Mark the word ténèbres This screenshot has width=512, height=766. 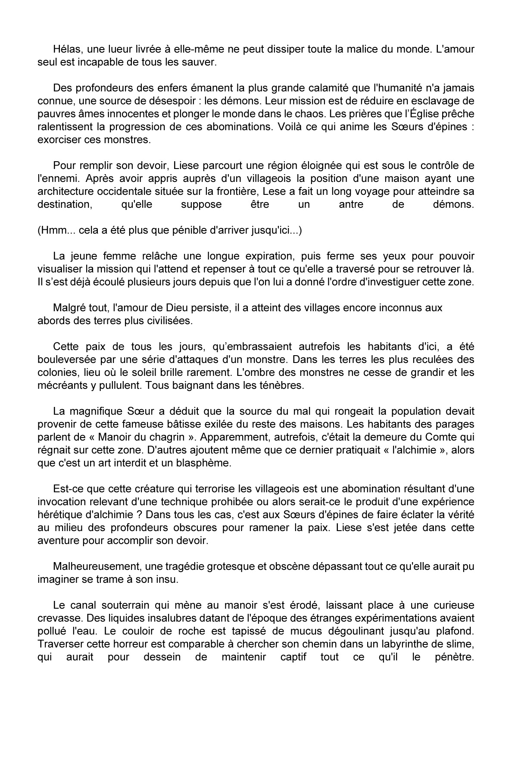282,385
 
